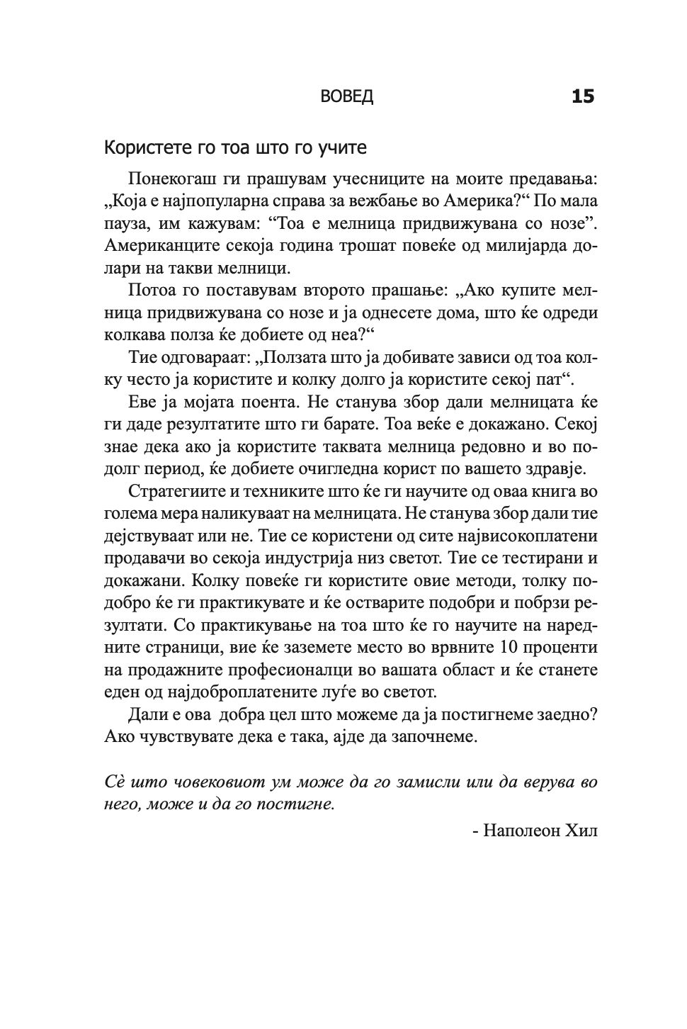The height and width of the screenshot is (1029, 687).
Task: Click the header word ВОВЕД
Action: [346, 97]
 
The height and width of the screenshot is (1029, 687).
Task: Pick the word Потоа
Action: [149, 291]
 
